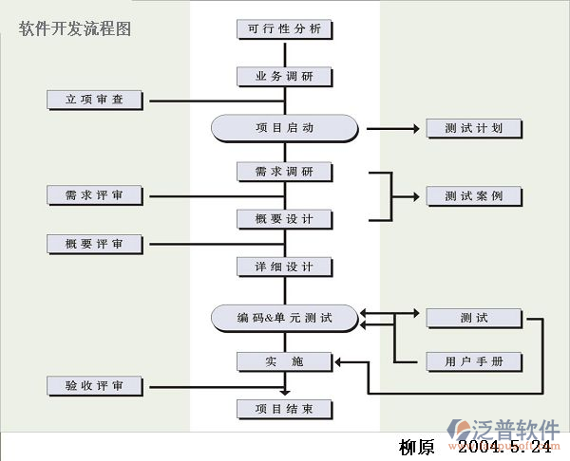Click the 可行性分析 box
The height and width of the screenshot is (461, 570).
[x=284, y=29]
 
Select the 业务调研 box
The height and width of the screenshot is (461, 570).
[x=284, y=77]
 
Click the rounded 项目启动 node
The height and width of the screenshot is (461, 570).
[x=284, y=128]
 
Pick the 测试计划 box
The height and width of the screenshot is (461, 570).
[x=473, y=128]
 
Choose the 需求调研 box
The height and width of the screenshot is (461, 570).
[x=284, y=172]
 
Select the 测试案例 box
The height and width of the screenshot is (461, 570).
[x=473, y=196]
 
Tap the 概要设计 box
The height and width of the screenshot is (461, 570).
[x=284, y=219]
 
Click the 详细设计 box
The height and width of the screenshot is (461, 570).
[x=284, y=267]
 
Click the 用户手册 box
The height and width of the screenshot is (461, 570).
[x=473, y=361]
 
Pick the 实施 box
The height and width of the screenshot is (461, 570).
[x=284, y=361]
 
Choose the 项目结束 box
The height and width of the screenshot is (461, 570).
[x=284, y=409]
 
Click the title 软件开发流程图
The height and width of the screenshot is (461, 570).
[x=75, y=28]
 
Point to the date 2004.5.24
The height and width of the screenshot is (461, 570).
[x=503, y=446]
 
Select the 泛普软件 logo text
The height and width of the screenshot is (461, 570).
[x=522, y=429]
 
